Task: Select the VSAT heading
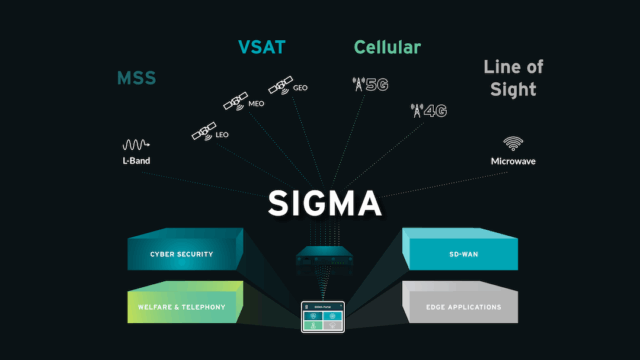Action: point(262,47)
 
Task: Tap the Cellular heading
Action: point(387,47)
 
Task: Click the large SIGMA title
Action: point(324,203)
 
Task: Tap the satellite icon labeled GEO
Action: point(280,83)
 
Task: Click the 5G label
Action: point(377,85)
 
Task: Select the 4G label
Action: point(435,110)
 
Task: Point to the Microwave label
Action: point(513,161)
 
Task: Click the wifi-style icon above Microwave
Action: point(513,143)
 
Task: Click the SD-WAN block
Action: point(459,254)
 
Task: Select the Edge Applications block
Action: point(459,306)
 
